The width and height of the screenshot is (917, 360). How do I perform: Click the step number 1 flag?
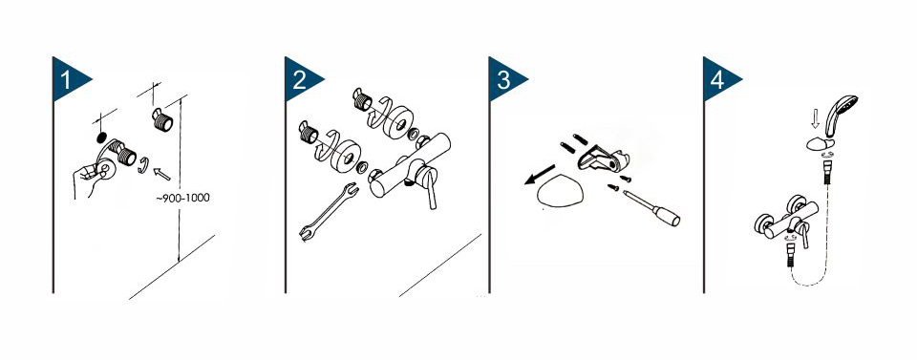[68, 79]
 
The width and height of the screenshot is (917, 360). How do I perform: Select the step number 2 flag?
[300, 79]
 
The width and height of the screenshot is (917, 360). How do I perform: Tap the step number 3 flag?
[503, 79]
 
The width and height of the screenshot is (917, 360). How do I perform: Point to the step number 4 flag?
[718, 79]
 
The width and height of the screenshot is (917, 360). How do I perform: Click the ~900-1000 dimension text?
[182, 198]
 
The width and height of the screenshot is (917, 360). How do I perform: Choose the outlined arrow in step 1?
[160, 174]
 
